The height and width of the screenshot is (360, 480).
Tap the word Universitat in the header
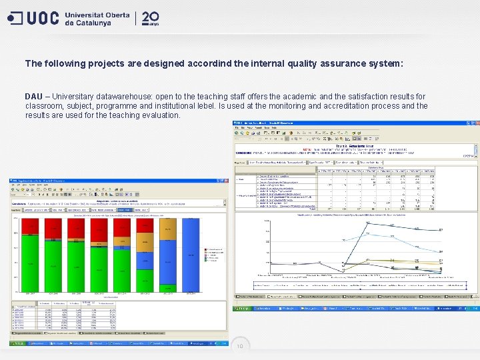point(93,14)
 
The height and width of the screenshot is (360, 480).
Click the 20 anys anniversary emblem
point(151,18)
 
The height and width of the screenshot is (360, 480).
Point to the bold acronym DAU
point(34,97)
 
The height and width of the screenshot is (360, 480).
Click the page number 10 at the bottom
point(239,346)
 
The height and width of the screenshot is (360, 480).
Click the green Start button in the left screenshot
point(16,343)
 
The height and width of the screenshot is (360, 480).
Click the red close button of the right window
point(475,123)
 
